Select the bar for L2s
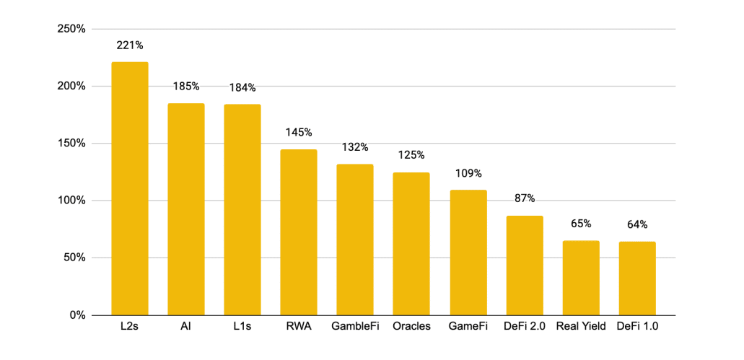(x=130, y=188)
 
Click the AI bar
(x=186, y=209)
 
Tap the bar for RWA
(x=299, y=232)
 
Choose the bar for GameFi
(x=468, y=253)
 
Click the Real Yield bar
(x=581, y=278)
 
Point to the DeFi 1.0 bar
(x=637, y=278)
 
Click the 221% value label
(x=130, y=45)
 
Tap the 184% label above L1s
(x=242, y=87)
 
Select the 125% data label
(x=411, y=155)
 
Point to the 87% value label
(x=525, y=198)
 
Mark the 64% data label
(x=637, y=224)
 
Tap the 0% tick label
(x=76, y=315)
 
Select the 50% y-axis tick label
(x=74, y=258)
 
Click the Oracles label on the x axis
(x=411, y=326)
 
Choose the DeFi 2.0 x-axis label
(x=525, y=326)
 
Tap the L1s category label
(x=242, y=326)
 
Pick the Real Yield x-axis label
(x=581, y=326)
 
